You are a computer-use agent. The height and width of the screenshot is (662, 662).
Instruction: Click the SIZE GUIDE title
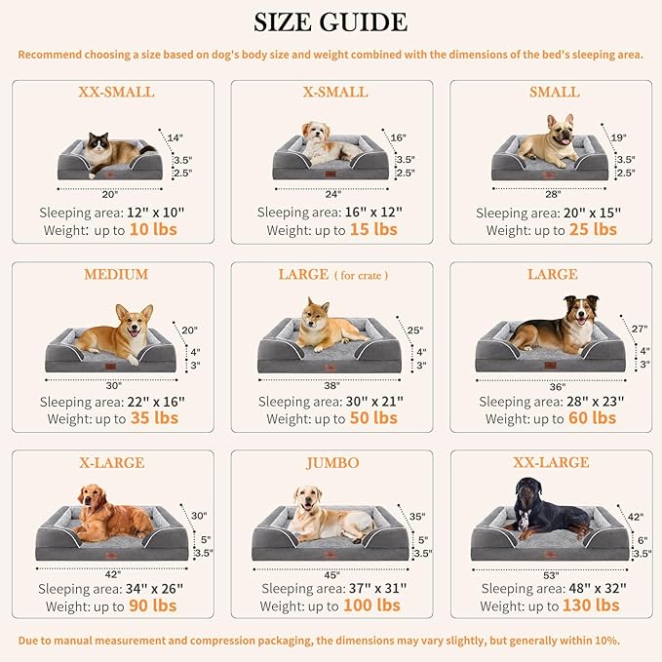click(x=331, y=21)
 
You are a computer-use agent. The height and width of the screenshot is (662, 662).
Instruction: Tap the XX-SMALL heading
click(x=115, y=93)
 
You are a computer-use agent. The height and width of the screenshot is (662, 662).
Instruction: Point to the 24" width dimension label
click(x=333, y=194)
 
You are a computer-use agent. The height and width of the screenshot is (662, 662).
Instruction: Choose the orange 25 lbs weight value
click(x=593, y=230)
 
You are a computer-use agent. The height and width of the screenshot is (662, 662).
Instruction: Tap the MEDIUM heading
click(x=115, y=275)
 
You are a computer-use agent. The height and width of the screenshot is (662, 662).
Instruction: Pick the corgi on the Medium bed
click(x=116, y=331)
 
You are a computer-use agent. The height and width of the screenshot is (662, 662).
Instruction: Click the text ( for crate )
click(x=362, y=276)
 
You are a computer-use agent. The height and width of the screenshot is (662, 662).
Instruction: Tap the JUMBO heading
click(x=331, y=462)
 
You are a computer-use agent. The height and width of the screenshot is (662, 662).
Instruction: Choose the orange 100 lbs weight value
click(x=372, y=605)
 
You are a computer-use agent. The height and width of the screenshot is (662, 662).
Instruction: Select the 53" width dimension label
click(x=551, y=574)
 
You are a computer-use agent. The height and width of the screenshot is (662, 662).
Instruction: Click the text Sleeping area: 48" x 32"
click(x=553, y=589)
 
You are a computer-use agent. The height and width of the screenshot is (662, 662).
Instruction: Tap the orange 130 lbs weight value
click(x=591, y=605)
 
